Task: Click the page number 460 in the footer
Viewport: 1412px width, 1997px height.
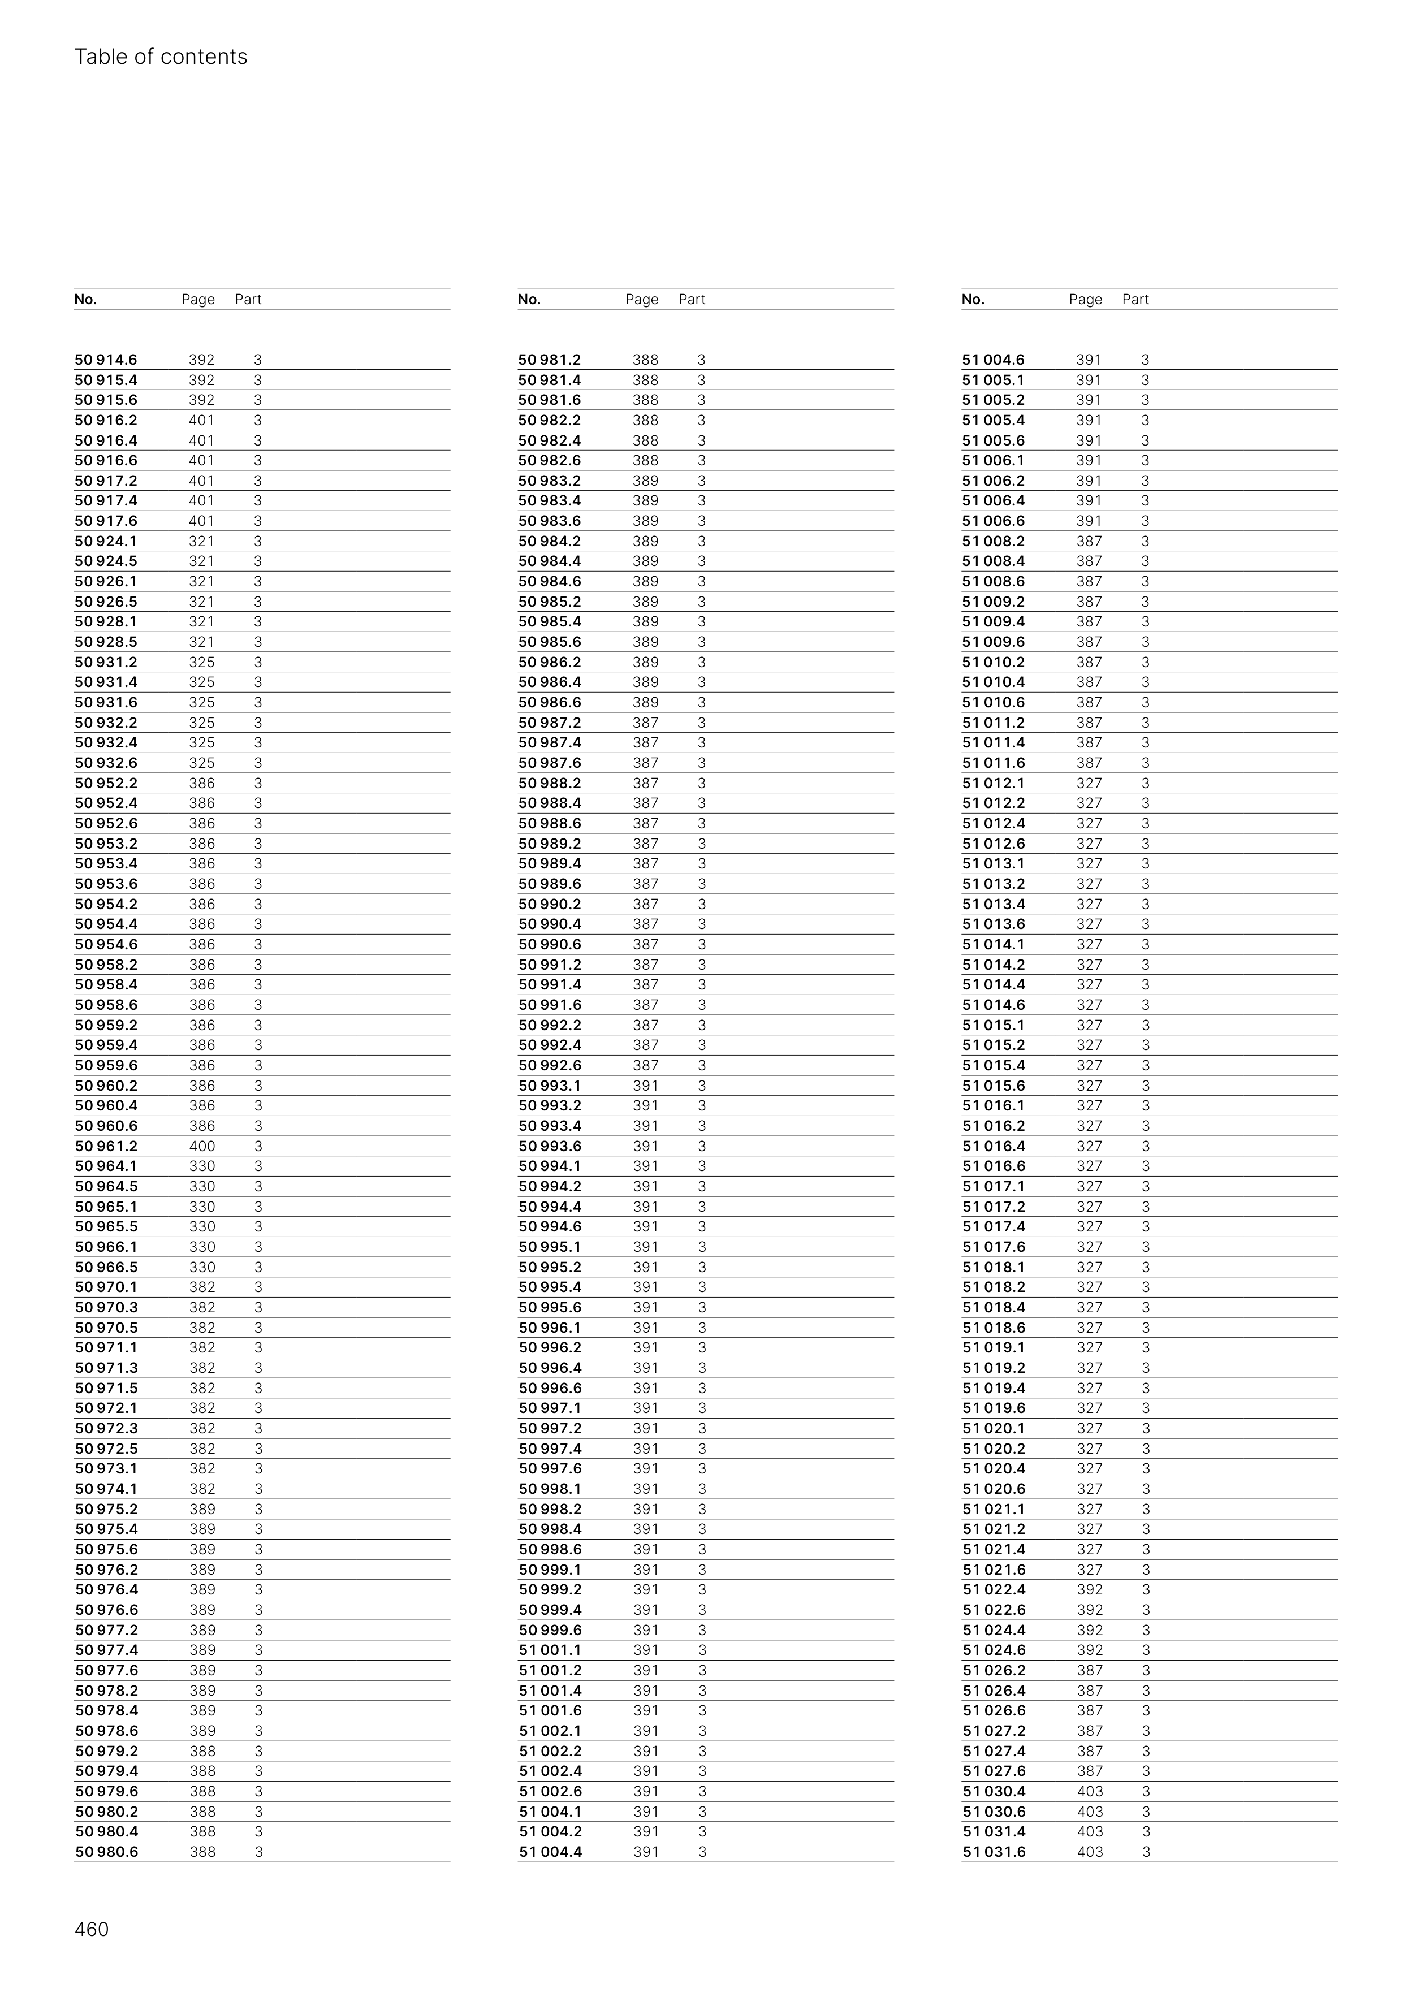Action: [92, 1929]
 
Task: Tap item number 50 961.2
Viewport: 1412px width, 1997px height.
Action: [106, 1147]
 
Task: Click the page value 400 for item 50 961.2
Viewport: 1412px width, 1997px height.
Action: [202, 1147]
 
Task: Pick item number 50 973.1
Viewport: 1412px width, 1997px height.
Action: [106, 1469]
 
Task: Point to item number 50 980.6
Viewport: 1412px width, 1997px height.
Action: [106, 1852]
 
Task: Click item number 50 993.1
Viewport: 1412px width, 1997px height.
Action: [550, 1086]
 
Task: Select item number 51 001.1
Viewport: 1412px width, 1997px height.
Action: [550, 1650]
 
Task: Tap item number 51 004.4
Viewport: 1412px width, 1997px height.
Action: [550, 1852]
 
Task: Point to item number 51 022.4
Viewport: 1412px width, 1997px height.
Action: [994, 1590]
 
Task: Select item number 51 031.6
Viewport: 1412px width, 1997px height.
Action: [994, 1852]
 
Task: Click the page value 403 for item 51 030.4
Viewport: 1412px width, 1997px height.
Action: [1089, 1792]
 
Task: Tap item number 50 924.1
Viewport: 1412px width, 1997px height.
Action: [106, 542]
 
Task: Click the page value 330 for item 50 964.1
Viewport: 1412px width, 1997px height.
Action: [202, 1166]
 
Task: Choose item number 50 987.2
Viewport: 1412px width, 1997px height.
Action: [550, 723]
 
